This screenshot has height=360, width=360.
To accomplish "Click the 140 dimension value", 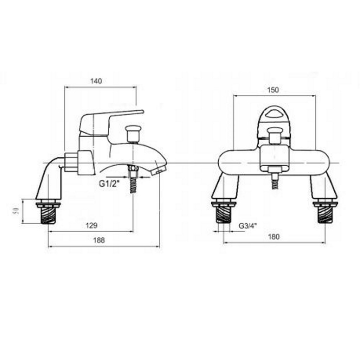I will click(96, 81).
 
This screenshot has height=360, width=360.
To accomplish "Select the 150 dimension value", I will click(273, 90).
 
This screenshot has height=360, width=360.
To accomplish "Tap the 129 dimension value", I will click(91, 226).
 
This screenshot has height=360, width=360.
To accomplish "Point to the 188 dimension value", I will click(99, 240).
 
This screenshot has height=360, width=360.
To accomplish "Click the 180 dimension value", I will click(274, 237).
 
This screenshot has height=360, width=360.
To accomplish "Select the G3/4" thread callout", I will click(247, 226).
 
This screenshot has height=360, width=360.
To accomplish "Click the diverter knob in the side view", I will click(133, 133).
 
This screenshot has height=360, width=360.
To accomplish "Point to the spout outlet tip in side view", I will click(158, 171).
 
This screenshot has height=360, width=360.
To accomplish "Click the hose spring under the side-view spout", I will click(133, 184).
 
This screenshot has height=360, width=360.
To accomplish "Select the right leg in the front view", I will click(323, 186).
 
